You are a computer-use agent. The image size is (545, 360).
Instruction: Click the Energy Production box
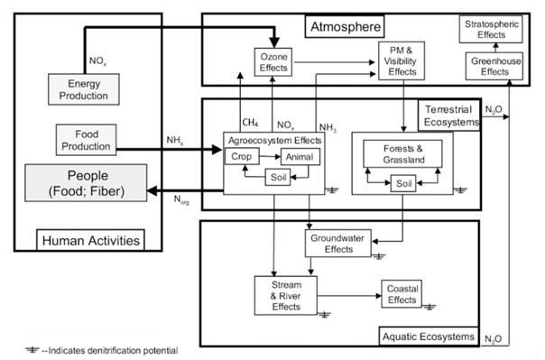pos(84,89)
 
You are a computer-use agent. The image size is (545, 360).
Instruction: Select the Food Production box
pos(87,140)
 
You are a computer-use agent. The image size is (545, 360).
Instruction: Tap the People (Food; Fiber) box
pos(86,183)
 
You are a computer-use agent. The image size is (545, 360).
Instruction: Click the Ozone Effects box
pos(273,62)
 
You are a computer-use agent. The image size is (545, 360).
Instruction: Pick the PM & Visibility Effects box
pos(402,60)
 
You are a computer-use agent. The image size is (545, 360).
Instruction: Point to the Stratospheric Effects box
pos(491,30)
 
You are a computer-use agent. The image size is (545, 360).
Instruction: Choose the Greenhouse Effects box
pos(494,66)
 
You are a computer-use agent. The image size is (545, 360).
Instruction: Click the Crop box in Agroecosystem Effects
pos(242,156)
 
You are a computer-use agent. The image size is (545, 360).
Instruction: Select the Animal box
pos(300,157)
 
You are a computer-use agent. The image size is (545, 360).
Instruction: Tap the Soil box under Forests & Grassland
pos(403,183)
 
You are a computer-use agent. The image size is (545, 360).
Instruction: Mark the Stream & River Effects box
pos(286,296)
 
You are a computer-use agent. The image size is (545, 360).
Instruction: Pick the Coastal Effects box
pos(402,294)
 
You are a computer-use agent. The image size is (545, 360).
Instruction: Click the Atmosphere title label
pos(346,26)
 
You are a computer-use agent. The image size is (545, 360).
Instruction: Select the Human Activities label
pos(91,240)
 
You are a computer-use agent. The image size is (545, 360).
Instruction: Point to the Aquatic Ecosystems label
pos(429,337)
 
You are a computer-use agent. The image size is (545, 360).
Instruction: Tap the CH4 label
pos(250,123)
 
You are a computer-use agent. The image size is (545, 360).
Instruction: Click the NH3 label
pos(328,127)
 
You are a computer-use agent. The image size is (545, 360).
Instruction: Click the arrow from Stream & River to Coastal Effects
pos(349,296)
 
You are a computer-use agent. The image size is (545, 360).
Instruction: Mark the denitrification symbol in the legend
pos(32,350)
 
